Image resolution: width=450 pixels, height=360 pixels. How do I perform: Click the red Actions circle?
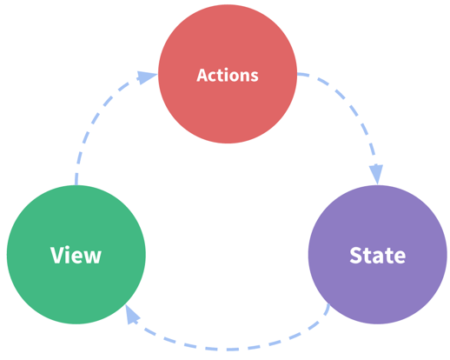(228, 74)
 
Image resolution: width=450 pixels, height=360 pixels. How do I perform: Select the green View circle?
(76, 255)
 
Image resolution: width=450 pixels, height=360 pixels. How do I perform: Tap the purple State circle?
(378, 255)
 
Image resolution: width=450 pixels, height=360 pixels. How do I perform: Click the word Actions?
(228, 76)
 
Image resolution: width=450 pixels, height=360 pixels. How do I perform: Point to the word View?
(76, 255)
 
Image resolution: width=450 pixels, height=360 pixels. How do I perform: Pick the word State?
(378, 256)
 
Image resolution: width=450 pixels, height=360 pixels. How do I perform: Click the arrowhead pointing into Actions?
(147, 77)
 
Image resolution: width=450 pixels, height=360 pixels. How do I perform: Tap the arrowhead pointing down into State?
(376, 174)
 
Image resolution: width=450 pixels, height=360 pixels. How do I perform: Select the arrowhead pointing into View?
(132, 315)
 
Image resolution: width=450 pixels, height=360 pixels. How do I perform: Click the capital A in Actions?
(202, 76)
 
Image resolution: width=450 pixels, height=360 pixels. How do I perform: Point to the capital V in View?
(56, 255)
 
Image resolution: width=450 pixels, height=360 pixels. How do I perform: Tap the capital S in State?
(356, 256)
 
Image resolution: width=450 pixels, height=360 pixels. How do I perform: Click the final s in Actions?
(255, 77)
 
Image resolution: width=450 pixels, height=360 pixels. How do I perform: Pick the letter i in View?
(68, 255)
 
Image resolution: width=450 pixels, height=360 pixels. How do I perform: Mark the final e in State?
(400, 257)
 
